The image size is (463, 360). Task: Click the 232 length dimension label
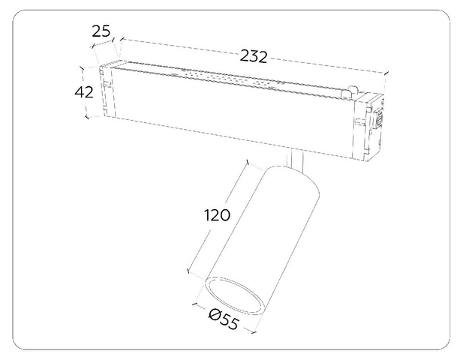click(x=254, y=56)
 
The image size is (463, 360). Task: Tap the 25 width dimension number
click(x=101, y=31)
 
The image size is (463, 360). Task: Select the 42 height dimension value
click(x=84, y=92)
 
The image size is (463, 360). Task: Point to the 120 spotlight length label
click(x=217, y=215)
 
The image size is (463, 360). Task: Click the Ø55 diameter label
click(x=223, y=319)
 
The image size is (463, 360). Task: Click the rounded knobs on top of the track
click(x=349, y=91)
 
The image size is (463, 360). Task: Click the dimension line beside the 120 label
click(x=217, y=216)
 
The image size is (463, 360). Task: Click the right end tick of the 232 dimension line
click(x=386, y=73)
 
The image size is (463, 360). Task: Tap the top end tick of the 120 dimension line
click(x=248, y=162)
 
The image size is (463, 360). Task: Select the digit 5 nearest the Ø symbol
click(x=224, y=319)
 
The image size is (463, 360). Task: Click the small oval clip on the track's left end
click(x=107, y=85)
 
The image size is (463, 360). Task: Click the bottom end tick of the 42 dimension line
click(x=86, y=117)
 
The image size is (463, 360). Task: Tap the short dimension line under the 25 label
click(x=103, y=42)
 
